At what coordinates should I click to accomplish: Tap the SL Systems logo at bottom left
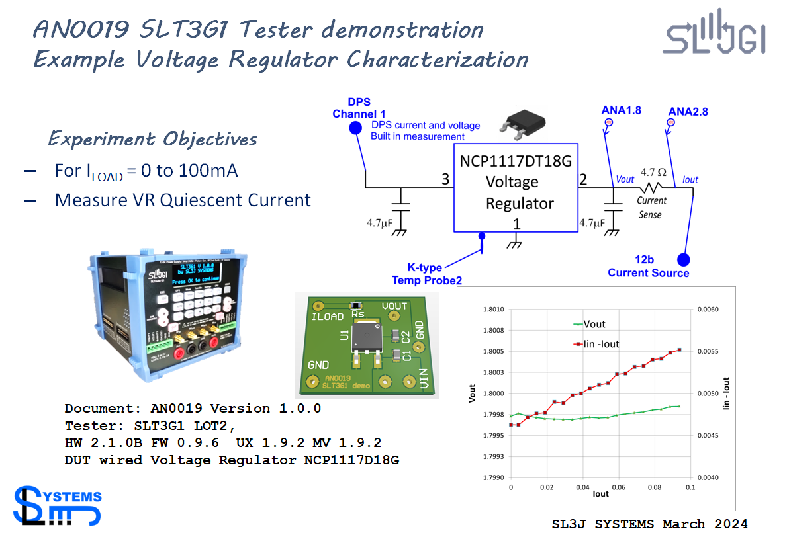pyautogui.click(x=57, y=506)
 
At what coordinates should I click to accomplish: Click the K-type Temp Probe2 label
pyautogui.click(x=426, y=274)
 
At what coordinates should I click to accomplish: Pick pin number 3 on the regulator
pyautogui.click(x=445, y=180)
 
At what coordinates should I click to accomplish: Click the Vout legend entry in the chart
pyautogui.click(x=594, y=324)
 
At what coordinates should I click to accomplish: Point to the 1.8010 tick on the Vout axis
pyautogui.click(x=494, y=310)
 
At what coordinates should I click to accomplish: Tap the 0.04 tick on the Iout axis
pyautogui.click(x=582, y=487)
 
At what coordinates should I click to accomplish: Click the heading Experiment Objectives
pyautogui.click(x=152, y=139)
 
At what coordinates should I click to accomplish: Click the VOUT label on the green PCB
pyautogui.click(x=395, y=306)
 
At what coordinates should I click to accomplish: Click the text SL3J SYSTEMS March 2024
pyautogui.click(x=649, y=524)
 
